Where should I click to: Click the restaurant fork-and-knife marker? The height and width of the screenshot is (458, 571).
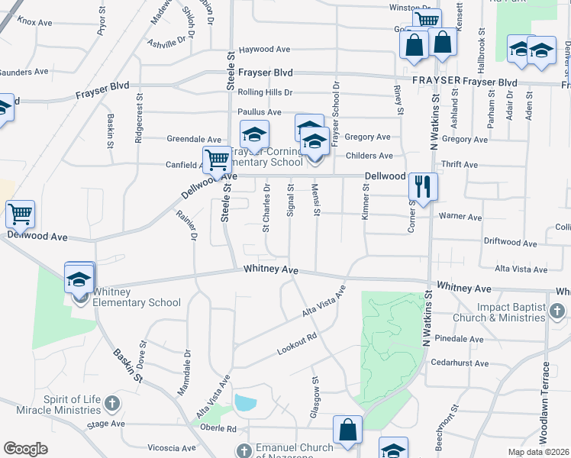point(422,185)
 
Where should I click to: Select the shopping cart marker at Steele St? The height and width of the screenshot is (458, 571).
point(217,160)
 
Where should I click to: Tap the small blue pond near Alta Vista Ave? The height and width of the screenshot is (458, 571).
point(246,402)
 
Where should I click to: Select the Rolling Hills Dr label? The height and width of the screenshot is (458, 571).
point(265,92)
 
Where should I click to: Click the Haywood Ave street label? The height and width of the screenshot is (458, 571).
point(265,50)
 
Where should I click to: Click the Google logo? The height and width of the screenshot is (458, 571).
point(26,450)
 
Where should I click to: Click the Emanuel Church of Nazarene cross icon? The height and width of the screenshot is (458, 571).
point(244,450)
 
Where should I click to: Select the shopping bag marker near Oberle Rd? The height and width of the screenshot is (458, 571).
point(347,429)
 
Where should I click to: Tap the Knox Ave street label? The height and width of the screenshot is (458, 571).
point(34,23)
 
